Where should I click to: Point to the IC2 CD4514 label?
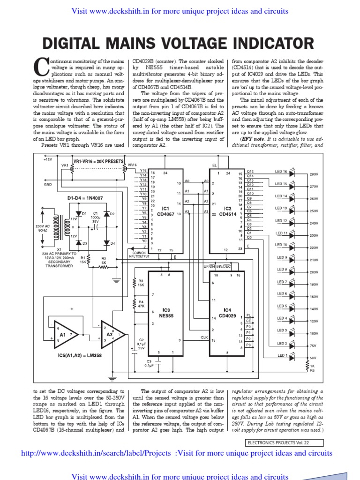click(228, 210)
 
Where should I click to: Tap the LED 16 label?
click(281, 172)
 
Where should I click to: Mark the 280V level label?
click(314, 174)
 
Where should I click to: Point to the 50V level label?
click(314, 358)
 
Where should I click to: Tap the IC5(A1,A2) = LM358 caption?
click(77, 355)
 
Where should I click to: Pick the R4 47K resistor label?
click(141, 304)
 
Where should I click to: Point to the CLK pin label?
click(204, 337)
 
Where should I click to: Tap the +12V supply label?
click(47, 160)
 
